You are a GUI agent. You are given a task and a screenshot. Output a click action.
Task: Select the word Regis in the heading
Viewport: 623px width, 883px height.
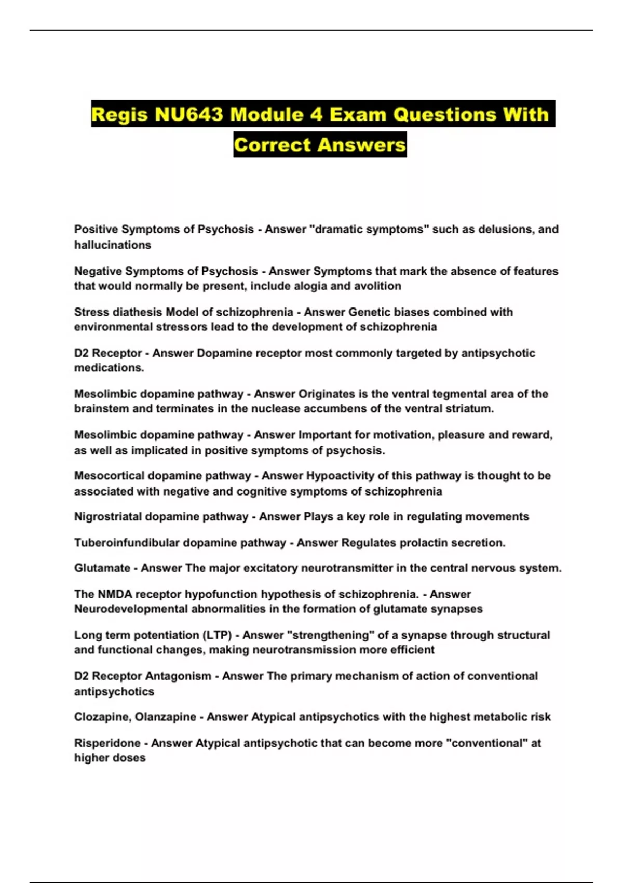click(119, 114)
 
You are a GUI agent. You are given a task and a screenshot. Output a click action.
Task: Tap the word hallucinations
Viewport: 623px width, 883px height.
click(113, 245)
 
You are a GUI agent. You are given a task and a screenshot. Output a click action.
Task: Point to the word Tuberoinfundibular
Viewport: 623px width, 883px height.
click(127, 543)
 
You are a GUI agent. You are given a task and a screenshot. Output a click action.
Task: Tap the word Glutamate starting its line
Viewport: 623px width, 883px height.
click(102, 568)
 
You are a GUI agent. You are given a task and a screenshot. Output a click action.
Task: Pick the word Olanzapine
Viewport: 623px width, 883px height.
click(165, 717)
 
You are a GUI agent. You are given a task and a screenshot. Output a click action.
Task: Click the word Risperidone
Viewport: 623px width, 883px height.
click(107, 743)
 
